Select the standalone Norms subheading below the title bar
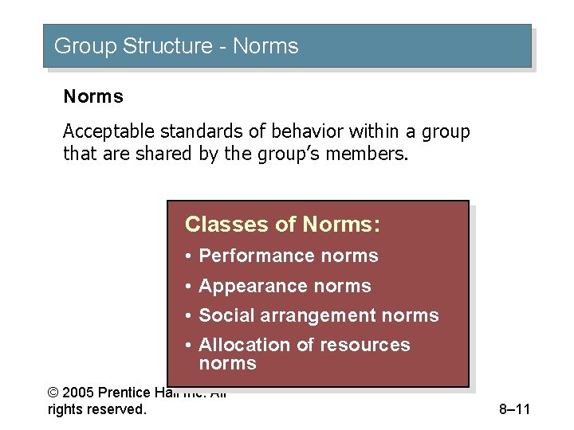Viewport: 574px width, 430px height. tap(93, 97)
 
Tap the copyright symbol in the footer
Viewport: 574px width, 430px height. tap(53, 393)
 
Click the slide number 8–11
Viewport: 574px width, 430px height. tap(514, 410)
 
